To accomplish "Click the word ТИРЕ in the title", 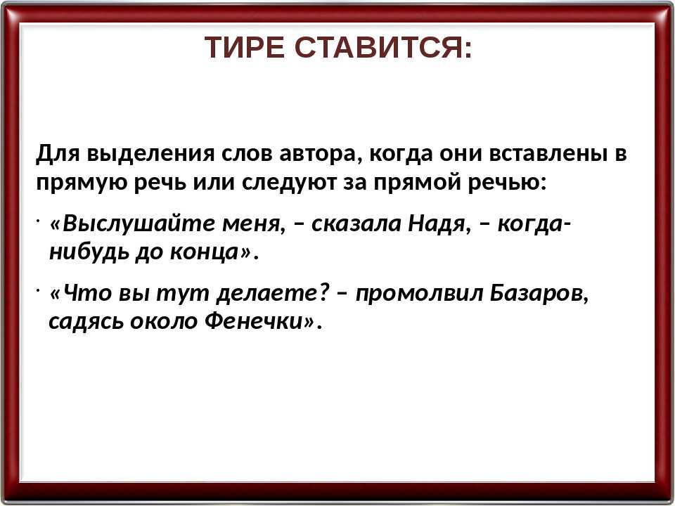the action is point(244,47).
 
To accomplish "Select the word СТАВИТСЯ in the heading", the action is point(379,47).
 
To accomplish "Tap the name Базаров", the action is point(538,294).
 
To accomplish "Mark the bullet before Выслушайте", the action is point(38,221).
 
